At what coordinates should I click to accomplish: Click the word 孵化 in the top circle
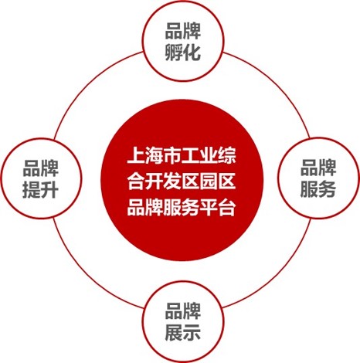tap(182, 53)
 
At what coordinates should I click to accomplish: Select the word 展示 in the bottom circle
tap(182, 332)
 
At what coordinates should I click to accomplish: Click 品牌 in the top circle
tap(182, 31)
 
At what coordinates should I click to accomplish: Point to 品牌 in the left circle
tap(40, 168)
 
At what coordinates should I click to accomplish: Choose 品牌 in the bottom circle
tap(182, 311)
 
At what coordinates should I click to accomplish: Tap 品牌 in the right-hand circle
tap(318, 168)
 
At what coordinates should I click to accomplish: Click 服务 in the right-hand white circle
tap(318, 188)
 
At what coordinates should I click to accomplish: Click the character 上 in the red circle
tap(136, 155)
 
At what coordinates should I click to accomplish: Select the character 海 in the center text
tap(154, 155)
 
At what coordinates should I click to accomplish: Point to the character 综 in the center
tap(227, 155)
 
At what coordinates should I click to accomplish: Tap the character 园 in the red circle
tap(209, 181)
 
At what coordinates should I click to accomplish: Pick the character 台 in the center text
tap(227, 207)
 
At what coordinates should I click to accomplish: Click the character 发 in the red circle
tap(172, 181)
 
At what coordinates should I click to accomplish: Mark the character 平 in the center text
tap(209, 207)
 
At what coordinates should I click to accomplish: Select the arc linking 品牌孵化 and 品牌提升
tap(88, 85)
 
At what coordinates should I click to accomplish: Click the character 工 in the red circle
tap(191, 155)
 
